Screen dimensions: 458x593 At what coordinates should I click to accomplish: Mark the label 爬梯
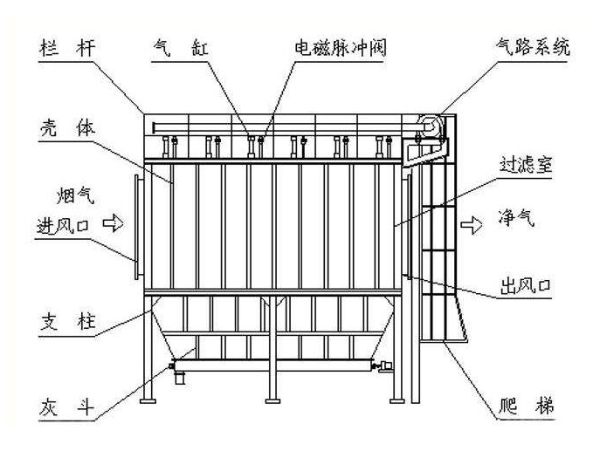tap(521, 407)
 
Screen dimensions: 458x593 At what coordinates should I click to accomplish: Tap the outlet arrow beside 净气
tap(470, 224)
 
